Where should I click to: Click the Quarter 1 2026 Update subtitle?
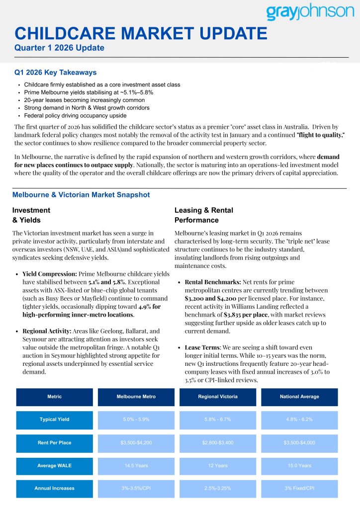[x=59, y=48]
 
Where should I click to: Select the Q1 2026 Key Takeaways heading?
[x=55, y=73]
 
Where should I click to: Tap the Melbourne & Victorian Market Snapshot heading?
[x=81, y=195]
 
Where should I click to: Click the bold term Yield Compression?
[x=49, y=274]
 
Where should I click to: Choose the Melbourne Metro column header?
[x=136, y=397]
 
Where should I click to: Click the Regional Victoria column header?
[x=218, y=397]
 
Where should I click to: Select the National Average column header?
[x=299, y=397]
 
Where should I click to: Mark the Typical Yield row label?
[x=54, y=420]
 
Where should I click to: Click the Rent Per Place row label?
[x=54, y=443]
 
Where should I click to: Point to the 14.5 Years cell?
[x=136, y=466]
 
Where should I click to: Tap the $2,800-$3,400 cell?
[x=218, y=443]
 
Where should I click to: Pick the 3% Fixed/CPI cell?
[x=299, y=489]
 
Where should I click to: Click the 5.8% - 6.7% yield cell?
[x=218, y=420]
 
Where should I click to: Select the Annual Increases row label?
[x=54, y=489]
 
